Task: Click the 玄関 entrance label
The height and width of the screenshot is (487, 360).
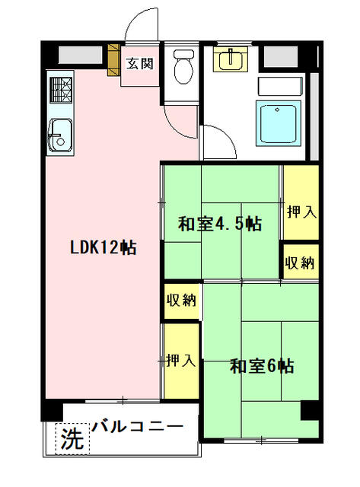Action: (139, 63)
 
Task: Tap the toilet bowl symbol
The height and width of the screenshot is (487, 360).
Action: (183, 68)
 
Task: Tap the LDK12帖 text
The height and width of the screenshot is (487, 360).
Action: (103, 247)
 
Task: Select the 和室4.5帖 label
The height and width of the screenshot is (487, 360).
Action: (219, 224)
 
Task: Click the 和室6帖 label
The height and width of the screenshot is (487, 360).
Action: (262, 367)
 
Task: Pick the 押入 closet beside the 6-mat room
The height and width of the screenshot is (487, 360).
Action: (181, 360)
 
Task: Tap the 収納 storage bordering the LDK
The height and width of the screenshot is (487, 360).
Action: (181, 300)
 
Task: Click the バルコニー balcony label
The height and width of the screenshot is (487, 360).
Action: (137, 426)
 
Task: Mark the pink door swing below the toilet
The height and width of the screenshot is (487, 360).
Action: (183, 122)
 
